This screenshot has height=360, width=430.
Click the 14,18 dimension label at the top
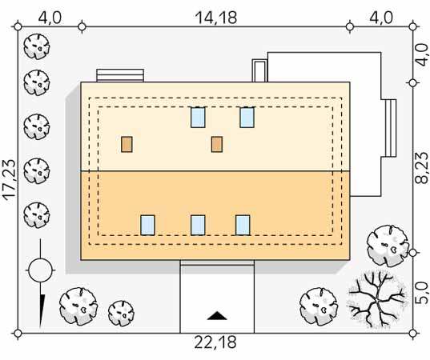pyautogui.click(x=216, y=18)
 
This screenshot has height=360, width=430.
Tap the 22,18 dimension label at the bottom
pyautogui.click(x=215, y=342)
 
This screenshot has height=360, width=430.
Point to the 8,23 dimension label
pyautogui.click(x=421, y=168)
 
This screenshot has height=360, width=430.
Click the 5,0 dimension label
pyautogui.click(x=422, y=294)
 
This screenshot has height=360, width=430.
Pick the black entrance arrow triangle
pyautogui.click(x=217, y=316)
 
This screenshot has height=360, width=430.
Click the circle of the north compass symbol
pyautogui.click(x=40, y=270)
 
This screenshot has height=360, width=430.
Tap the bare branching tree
pyautogui.click(x=376, y=299)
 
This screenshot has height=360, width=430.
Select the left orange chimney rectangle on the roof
pyautogui.click(x=127, y=144)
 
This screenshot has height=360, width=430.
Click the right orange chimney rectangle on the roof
pyautogui.click(x=217, y=144)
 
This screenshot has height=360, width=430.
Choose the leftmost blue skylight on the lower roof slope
pyautogui.click(x=148, y=226)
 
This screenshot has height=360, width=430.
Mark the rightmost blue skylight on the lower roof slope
pyautogui.click(x=243, y=226)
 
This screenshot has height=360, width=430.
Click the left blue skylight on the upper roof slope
pyautogui.click(x=198, y=118)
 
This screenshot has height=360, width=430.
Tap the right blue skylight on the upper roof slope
pyautogui.click(x=247, y=118)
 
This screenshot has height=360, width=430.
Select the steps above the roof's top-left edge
pyautogui.click(x=120, y=75)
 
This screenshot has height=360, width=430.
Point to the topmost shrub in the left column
pyautogui.click(x=37, y=46)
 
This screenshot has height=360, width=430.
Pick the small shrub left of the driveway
pyautogui.click(x=121, y=314)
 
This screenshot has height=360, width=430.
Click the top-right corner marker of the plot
pyautogui.click(x=413, y=27)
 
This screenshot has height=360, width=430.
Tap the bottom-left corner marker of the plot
pyautogui.click(x=18, y=334)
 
